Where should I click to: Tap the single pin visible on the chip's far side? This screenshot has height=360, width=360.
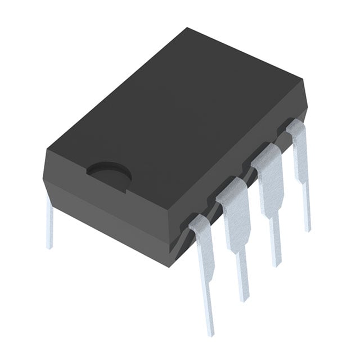49,225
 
